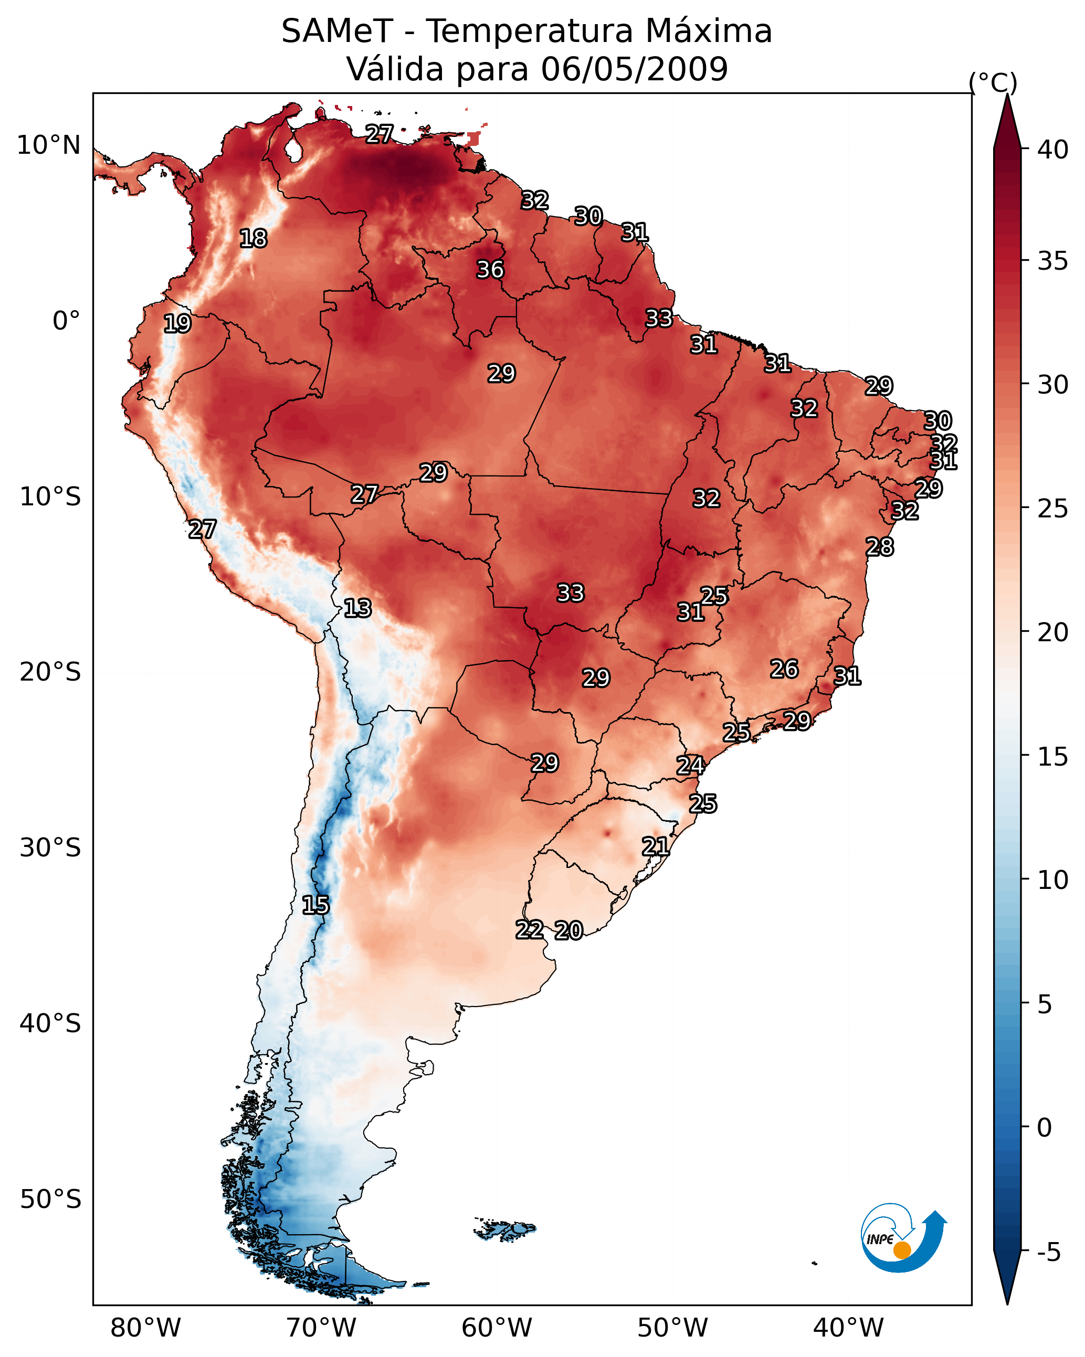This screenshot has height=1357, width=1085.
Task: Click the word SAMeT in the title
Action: pos(337,31)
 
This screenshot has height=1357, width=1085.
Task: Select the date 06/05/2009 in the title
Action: pos(634,69)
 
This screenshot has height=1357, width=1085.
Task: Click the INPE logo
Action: pos(904,1237)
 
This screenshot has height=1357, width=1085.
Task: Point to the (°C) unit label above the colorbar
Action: pos(993,82)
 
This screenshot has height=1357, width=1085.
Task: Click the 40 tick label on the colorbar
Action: pos(1053,150)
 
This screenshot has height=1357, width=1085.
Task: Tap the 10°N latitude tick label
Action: pos(48,145)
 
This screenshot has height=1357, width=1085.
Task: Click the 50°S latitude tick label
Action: pos(50,1200)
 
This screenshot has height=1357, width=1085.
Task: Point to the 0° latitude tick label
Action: pos(67,321)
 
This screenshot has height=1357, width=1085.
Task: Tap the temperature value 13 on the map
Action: pos(357,609)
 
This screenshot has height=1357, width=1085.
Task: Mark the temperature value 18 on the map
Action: pos(253,239)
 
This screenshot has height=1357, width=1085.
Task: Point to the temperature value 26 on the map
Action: pos(784,669)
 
